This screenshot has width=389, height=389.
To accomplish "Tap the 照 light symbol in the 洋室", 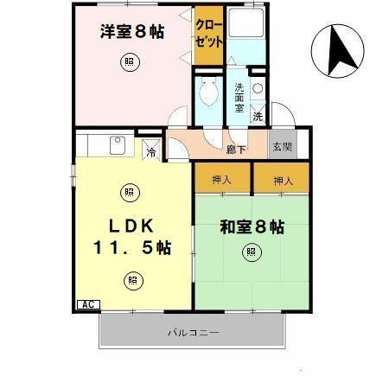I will (x=129, y=62).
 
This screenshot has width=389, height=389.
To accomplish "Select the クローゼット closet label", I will (x=207, y=33).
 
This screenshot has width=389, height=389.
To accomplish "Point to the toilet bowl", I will (x=207, y=90).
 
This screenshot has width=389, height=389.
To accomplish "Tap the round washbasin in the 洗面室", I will (x=257, y=87).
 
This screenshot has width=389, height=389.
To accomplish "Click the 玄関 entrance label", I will (x=283, y=147).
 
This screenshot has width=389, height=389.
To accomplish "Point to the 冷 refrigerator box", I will (x=150, y=154).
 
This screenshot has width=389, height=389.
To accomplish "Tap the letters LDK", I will (x=131, y=226).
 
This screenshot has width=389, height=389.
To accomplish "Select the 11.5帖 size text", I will (x=132, y=248).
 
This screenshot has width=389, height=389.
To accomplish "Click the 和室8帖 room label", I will (x=252, y=227).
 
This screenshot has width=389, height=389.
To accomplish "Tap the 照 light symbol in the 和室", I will (x=250, y=253).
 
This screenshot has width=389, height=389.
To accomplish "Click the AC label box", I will (x=87, y=303).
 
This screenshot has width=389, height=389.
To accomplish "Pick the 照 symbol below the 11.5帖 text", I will (x=131, y=279).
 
